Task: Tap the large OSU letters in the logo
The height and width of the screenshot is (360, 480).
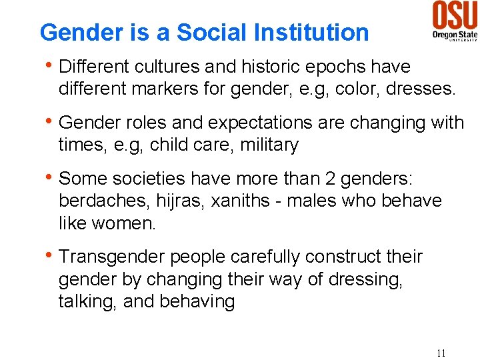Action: point(455,15)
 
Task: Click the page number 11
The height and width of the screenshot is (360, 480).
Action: point(440,353)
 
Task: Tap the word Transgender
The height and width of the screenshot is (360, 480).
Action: point(111,257)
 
